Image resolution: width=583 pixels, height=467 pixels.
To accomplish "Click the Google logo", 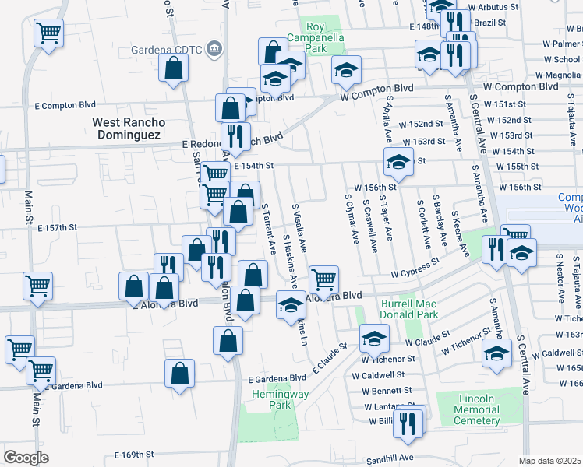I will coord(26,457).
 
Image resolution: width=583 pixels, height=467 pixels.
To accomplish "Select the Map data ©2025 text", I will coord(549,461).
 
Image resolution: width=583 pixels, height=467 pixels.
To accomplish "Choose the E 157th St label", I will coord(57,227).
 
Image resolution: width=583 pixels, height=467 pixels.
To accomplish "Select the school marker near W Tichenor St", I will coord(374,338).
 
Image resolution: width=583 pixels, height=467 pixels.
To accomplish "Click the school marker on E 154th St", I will coord(398,161).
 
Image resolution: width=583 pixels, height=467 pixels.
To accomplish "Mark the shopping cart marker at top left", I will coord(48,33).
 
